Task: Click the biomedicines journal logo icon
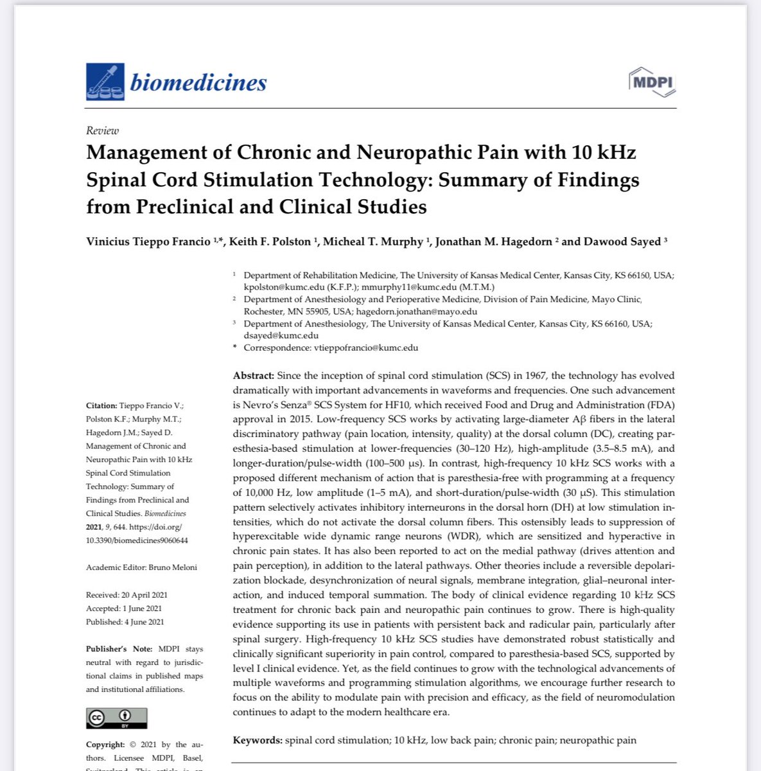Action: pos(105,82)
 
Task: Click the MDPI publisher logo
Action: pos(651,82)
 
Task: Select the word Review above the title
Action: pos(103,130)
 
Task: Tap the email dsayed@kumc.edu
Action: pos(281,335)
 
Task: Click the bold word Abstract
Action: pos(253,375)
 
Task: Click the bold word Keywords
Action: pos(257,740)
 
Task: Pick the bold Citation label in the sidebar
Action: pos(101,405)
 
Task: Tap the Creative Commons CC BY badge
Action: pos(117,718)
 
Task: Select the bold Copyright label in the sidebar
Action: pos(105,745)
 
